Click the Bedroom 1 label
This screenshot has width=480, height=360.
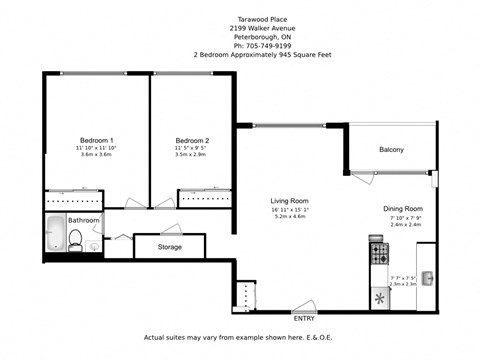97,140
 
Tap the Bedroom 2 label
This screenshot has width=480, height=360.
192,140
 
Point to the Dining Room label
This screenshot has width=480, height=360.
404,210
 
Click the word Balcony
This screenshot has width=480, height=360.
391,150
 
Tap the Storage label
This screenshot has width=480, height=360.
170,246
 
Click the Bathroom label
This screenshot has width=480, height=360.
84,220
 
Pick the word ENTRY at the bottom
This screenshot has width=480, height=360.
303,318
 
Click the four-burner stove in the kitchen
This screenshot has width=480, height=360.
378,250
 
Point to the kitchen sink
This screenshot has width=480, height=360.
427,277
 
